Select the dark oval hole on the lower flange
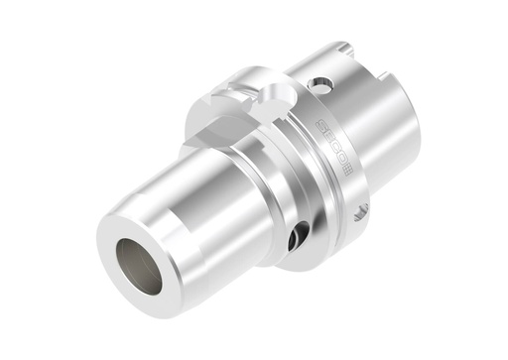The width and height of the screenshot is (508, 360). (x=295, y=237)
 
